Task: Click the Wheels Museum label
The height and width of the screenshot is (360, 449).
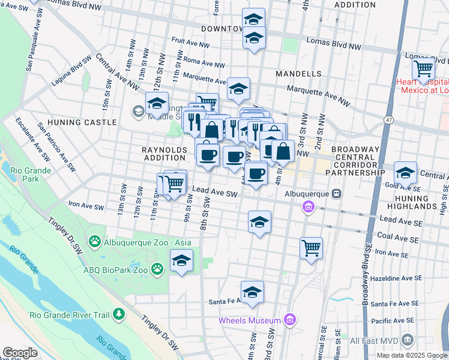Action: (x=250, y=320)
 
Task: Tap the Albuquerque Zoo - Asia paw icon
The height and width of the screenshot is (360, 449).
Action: (x=95, y=241)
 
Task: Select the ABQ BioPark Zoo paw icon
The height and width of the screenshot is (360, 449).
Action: (x=157, y=269)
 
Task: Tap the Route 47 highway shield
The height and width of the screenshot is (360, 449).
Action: (x=389, y=120)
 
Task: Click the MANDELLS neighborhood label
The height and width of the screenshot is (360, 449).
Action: (x=298, y=74)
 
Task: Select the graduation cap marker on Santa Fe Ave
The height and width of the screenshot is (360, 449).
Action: (x=253, y=292)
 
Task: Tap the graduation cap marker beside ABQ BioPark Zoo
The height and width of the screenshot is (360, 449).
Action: (x=181, y=261)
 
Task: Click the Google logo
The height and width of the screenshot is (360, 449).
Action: (x=20, y=353)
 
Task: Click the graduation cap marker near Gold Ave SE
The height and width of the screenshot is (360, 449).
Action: (x=406, y=173)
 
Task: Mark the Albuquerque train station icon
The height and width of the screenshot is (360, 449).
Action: (x=337, y=194)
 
